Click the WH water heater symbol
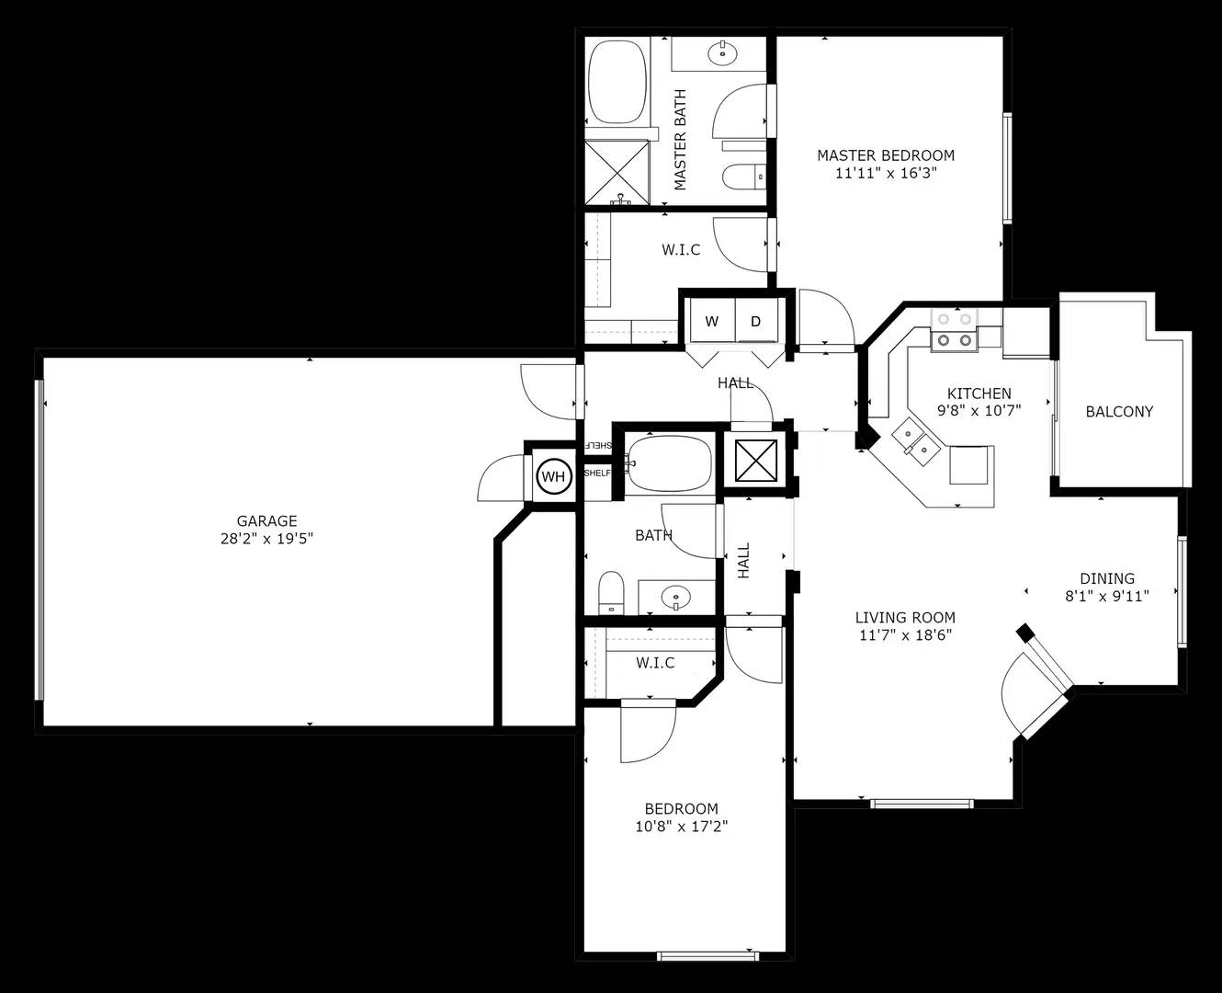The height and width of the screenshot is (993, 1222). pyautogui.click(x=554, y=476)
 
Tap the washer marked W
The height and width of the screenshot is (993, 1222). pyautogui.click(x=712, y=321)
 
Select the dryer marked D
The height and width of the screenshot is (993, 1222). pyautogui.click(x=756, y=321)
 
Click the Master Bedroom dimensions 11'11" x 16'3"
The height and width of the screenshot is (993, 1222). pyautogui.click(x=885, y=173)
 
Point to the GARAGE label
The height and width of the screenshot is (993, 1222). pyautogui.click(x=266, y=521)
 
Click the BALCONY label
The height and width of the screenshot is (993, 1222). pyautogui.click(x=1119, y=412)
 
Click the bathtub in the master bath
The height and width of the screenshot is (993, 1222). pyautogui.click(x=617, y=81)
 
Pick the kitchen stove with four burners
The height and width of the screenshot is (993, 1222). pyautogui.click(x=955, y=331)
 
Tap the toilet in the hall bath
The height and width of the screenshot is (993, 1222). pyautogui.click(x=611, y=592)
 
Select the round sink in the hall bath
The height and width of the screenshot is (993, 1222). pyautogui.click(x=676, y=598)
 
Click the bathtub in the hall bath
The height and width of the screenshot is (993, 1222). pyautogui.click(x=668, y=464)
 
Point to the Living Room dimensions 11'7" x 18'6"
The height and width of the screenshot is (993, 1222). pyautogui.click(x=905, y=635)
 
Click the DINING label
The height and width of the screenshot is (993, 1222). pyautogui.click(x=1107, y=578)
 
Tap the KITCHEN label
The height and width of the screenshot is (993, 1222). pyautogui.click(x=979, y=394)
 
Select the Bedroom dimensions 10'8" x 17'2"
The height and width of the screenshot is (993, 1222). pyautogui.click(x=682, y=827)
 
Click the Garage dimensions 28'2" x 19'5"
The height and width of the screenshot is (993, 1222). pyautogui.click(x=266, y=539)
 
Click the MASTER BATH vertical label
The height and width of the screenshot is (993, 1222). pyautogui.click(x=680, y=140)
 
